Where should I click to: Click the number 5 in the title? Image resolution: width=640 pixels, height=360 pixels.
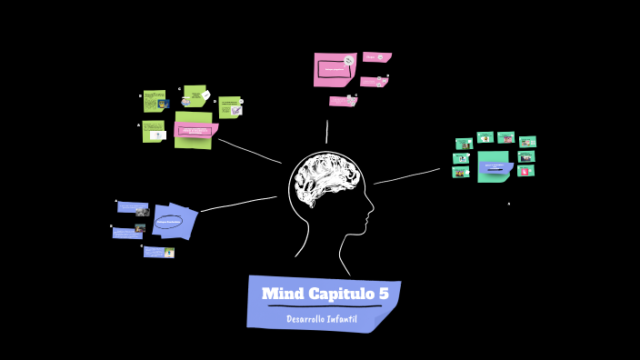[x=383, y=294]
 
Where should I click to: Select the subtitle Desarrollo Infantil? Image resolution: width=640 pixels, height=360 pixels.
[x=322, y=318]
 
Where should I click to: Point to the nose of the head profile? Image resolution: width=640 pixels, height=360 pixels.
[x=372, y=216]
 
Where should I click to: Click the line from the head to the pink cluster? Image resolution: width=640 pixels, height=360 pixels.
[x=327, y=132]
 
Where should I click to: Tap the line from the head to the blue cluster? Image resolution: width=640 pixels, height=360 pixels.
[x=239, y=203]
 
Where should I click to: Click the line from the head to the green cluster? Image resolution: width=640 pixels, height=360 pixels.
[x=250, y=151]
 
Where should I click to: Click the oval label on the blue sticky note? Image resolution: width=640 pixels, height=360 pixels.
[x=168, y=222]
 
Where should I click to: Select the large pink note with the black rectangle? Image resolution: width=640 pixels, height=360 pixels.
[x=335, y=69]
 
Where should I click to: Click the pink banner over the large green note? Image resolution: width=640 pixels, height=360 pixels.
[x=195, y=131]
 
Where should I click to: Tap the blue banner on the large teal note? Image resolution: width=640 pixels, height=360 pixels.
[x=495, y=167]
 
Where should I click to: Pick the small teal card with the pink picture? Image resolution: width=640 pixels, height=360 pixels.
[x=525, y=171]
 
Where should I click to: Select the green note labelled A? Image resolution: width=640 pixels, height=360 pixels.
[x=153, y=133]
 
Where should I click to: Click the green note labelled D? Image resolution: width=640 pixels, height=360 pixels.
[x=229, y=107]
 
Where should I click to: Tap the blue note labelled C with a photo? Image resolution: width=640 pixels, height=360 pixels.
[x=159, y=252]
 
